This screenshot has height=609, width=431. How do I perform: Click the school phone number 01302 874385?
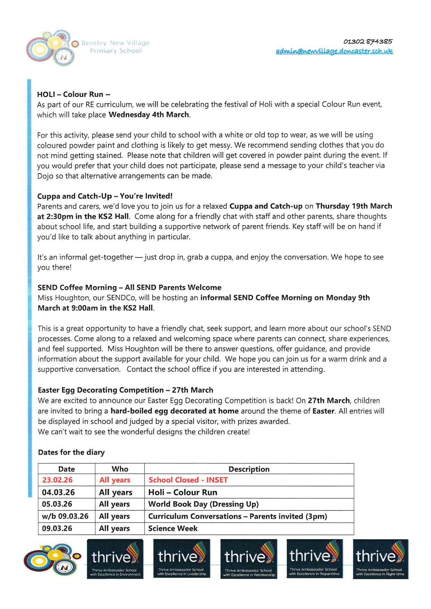click(368, 42)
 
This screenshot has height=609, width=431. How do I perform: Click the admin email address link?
click(334, 51)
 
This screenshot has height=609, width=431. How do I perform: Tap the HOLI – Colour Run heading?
click(74, 94)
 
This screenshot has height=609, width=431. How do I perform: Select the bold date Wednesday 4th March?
click(149, 115)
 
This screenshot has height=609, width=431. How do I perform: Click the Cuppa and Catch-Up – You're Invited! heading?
click(105, 196)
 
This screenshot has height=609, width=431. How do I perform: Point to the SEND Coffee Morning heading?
click(129, 287)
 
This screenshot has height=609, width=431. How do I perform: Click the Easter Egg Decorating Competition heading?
click(125, 390)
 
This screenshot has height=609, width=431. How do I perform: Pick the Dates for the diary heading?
click(71, 452)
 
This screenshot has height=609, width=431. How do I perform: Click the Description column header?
click(249, 469)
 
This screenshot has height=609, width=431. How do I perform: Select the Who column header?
click(120, 469)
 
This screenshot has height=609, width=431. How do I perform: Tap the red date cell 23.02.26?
click(57, 480)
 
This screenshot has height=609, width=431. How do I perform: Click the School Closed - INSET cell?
click(188, 480)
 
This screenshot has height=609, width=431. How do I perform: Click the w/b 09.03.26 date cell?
click(65, 516)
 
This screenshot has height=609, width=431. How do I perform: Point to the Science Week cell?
click(173, 528)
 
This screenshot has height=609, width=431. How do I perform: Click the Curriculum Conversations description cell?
click(238, 516)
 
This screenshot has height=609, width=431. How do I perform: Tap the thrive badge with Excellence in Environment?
click(115, 559)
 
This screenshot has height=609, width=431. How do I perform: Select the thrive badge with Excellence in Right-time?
click(380, 559)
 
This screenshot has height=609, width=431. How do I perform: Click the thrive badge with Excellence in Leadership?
click(181, 558)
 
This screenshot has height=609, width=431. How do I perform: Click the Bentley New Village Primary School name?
click(115, 47)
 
